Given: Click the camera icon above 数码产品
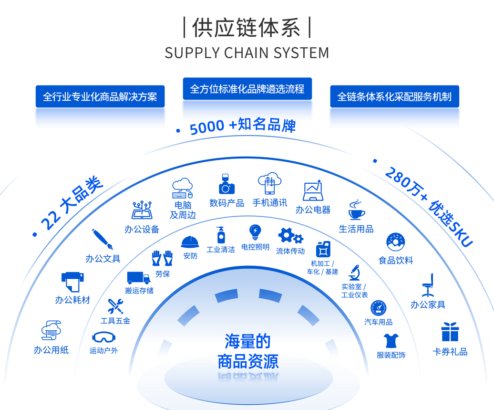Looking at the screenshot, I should click(227, 184).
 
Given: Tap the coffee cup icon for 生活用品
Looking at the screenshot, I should click(356, 210).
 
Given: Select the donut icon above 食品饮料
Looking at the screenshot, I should click(396, 242).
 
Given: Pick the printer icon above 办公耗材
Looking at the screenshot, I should click(72, 282).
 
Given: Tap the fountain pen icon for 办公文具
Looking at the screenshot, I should click(103, 240).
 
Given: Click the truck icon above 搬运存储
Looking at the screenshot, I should click(138, 277).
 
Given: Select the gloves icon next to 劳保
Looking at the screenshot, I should click(162, 258).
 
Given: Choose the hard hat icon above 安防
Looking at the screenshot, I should click(190, 242).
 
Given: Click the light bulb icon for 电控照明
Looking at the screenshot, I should click(255, 232).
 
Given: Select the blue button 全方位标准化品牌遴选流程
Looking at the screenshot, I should click(247, 89).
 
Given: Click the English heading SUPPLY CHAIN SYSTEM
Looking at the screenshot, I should click(247, 53).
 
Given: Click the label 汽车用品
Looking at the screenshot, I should click(378, 322).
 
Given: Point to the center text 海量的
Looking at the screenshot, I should click(247, 341).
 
